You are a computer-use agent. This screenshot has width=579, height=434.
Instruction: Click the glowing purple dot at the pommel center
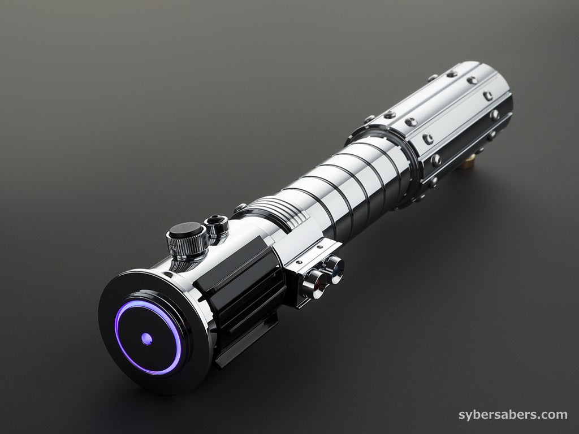[x=146, y=338]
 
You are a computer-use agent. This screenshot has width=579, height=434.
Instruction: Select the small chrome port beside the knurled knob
[x=217, y=225]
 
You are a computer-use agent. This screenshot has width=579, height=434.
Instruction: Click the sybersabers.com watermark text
[x=513, y=414]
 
